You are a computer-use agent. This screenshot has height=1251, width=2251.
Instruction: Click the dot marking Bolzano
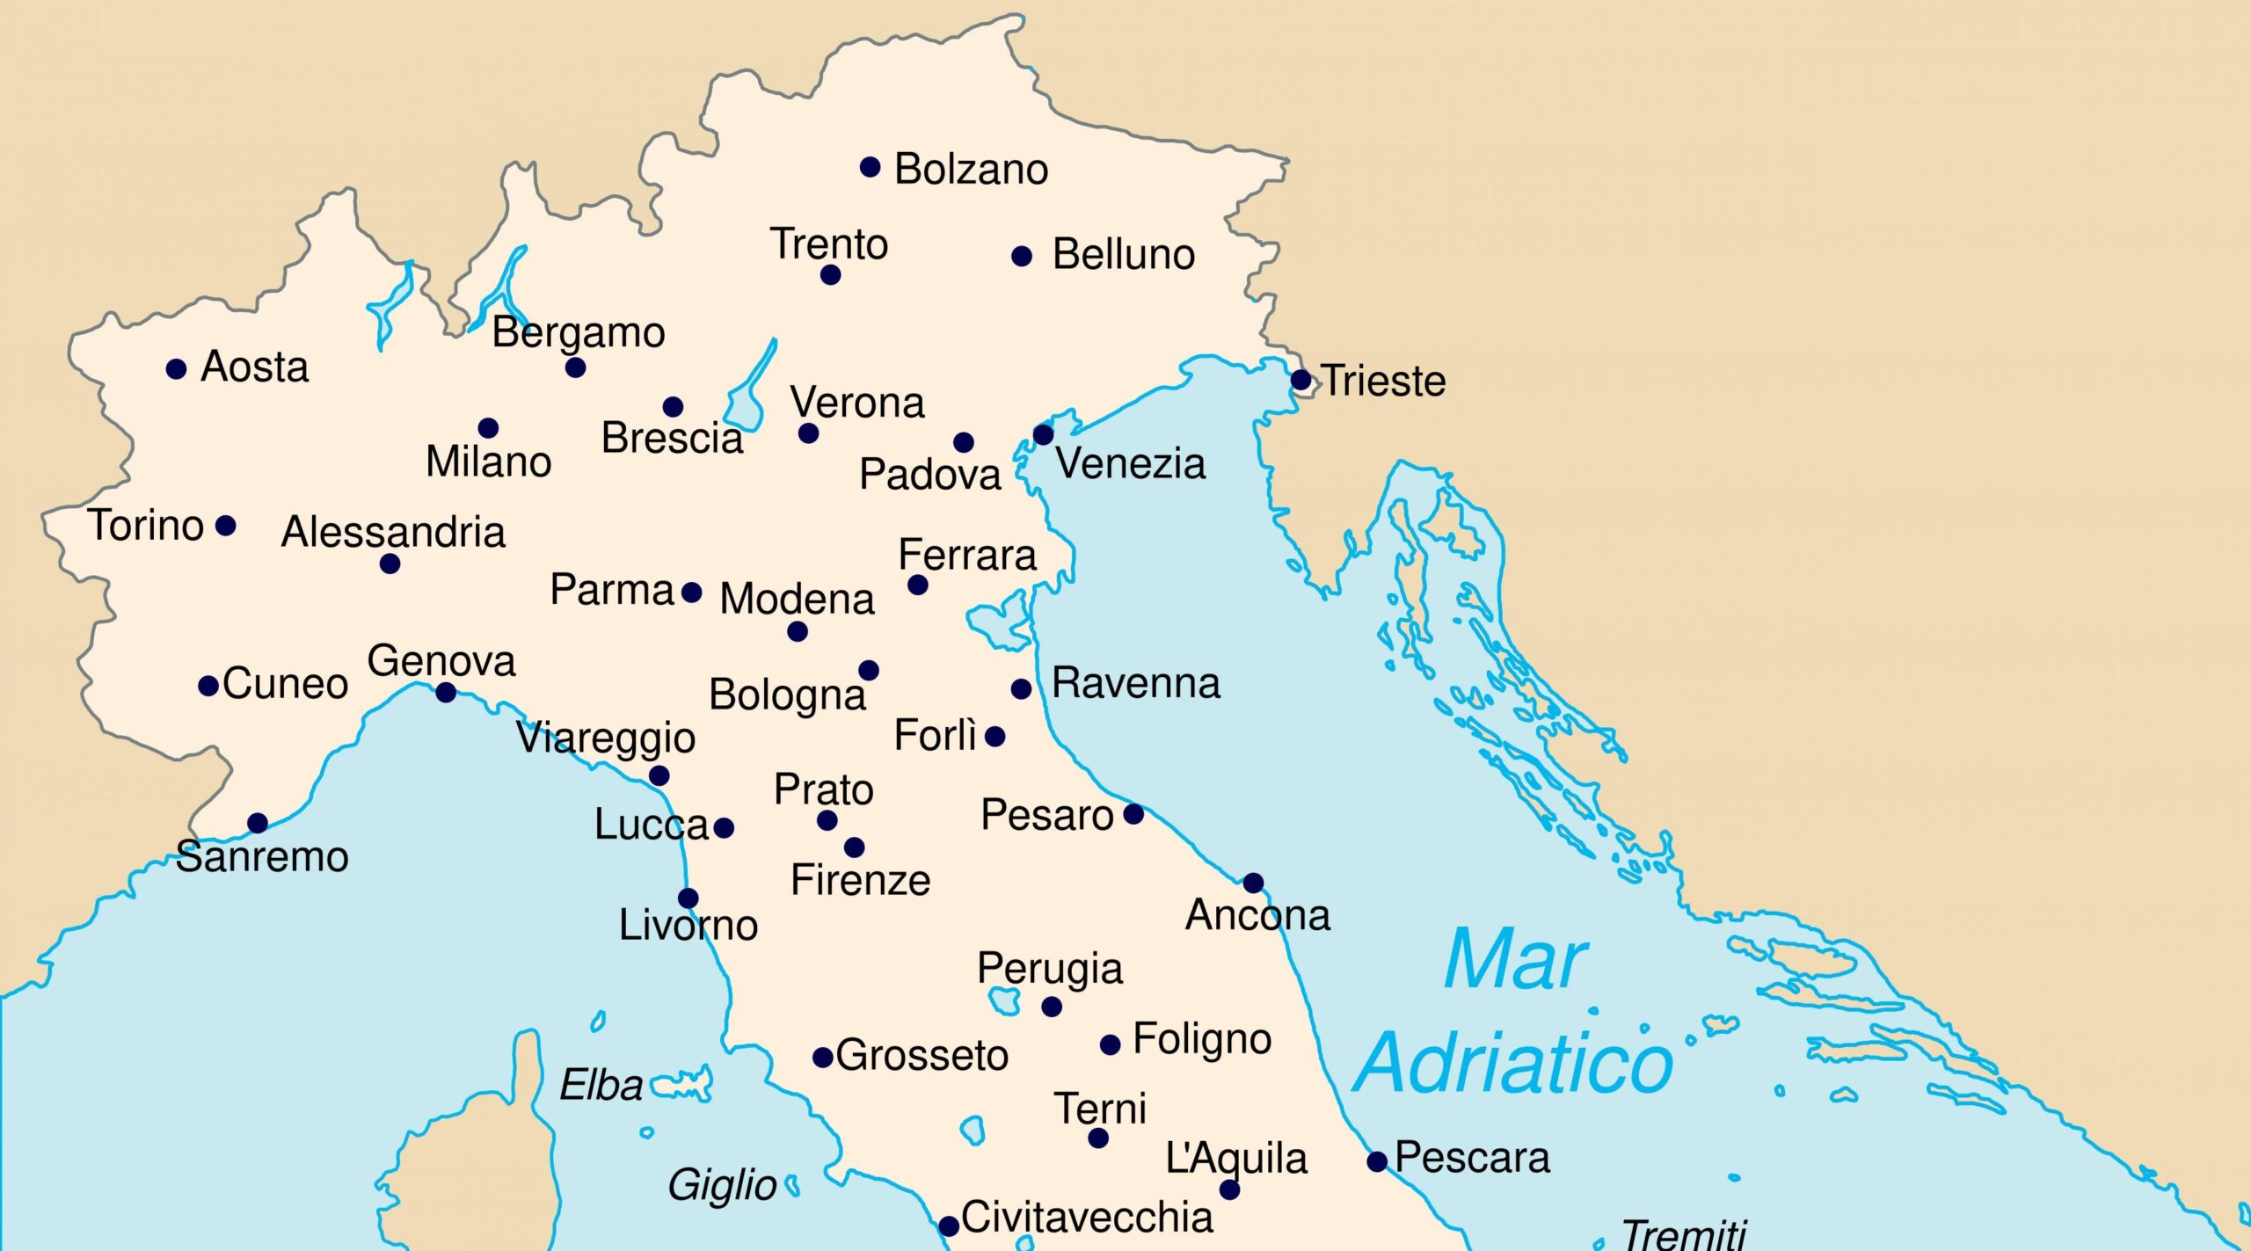(x=870, y=167)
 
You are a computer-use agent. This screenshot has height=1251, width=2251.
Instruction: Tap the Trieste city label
(x=1383, y=381)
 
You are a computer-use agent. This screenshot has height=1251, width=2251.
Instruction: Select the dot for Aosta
(x=176, y=369)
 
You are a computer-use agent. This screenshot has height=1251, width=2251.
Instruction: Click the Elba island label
(x=601, y=1086)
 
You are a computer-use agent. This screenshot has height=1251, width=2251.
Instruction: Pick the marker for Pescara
(x=1377, y=1161)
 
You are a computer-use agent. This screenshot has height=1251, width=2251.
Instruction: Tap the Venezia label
(x=1130, y=463)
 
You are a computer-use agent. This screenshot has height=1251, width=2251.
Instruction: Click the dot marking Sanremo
(x=258, y=823)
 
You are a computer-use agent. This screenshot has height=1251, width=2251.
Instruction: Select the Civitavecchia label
(x=1087, y=1218)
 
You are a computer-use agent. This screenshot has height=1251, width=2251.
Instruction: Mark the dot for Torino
(x=226, y=526)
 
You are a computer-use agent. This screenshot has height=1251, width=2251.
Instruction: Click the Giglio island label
(x=722, y=1185)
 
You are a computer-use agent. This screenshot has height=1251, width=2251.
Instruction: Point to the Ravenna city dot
(x=1021, y=688)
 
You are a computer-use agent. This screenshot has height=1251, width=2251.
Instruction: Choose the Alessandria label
(x=393, y=532)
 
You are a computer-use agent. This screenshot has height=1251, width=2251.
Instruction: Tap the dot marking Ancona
(x=1253, y=882)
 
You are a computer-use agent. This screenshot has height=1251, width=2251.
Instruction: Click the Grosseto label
(x=922, y=1055)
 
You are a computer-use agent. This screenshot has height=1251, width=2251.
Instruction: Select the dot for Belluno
(x=1022, y=257)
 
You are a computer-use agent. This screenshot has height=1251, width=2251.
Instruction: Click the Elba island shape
(x=681, y=1087)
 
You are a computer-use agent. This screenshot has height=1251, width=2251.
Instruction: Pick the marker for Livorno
(x=688, y=898)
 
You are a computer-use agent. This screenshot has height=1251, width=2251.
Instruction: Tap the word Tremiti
(x=1683, y=1235)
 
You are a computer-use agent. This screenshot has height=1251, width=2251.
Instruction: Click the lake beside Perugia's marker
(x=1004, y=1000)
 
